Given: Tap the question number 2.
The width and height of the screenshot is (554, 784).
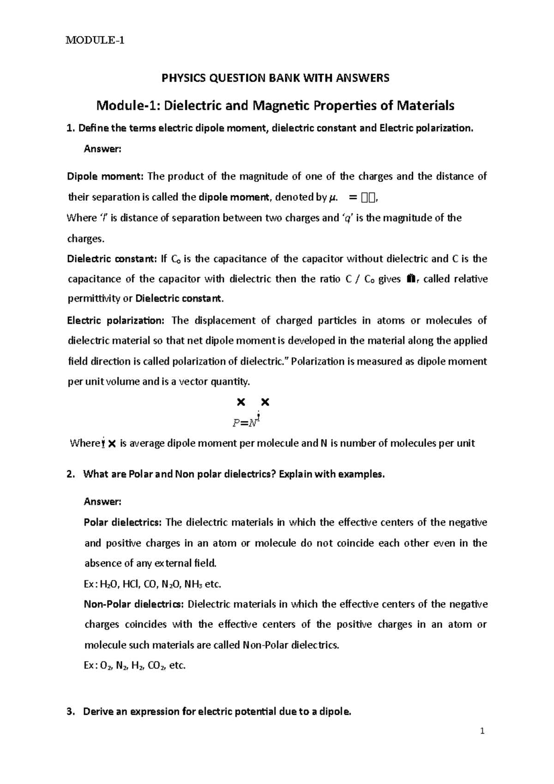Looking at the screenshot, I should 70,474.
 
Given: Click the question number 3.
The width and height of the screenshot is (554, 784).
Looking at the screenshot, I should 70,712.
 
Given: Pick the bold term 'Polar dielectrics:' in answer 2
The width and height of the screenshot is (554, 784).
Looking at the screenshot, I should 122,523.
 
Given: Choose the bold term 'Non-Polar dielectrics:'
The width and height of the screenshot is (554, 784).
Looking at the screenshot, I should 134,604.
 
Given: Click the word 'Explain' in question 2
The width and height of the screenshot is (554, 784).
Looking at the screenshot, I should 296,474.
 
